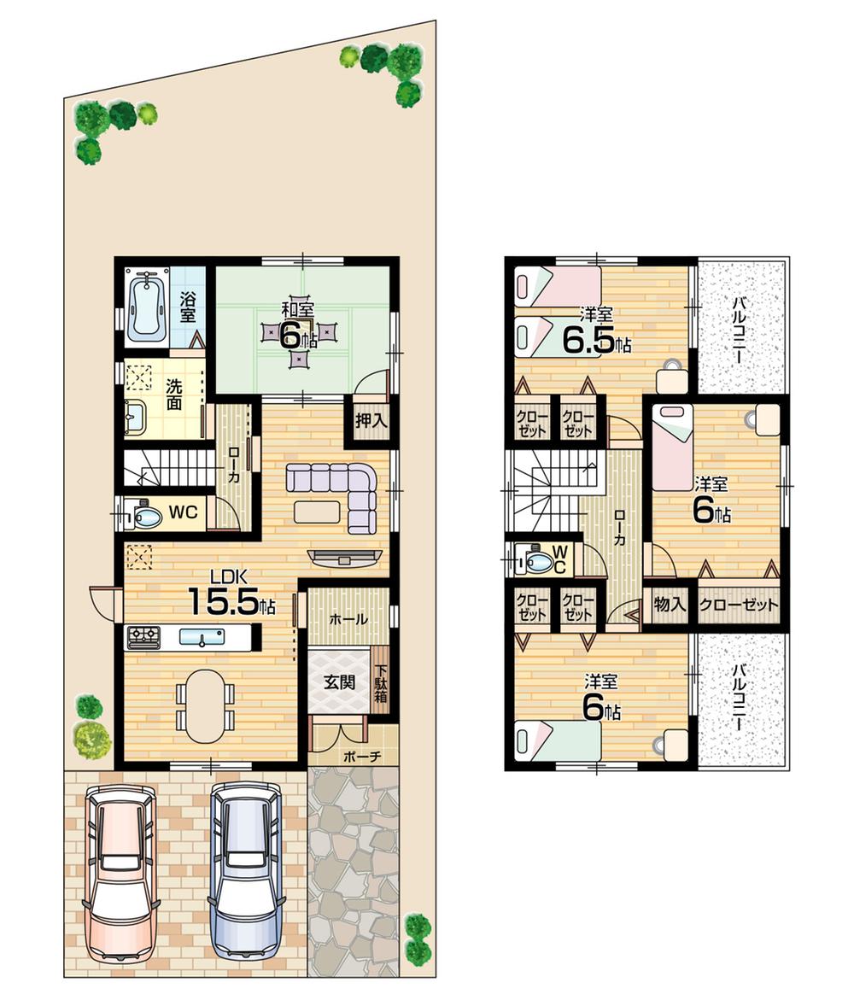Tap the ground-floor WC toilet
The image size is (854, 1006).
point(143,516)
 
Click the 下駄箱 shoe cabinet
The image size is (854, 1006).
point(381,683)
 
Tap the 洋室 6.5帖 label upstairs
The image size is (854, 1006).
point(596,333)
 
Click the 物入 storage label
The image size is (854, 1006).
point(670,605)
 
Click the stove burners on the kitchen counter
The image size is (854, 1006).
point(143,635)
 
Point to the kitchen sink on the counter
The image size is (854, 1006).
point(202,636)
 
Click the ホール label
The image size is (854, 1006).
point(348,618)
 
